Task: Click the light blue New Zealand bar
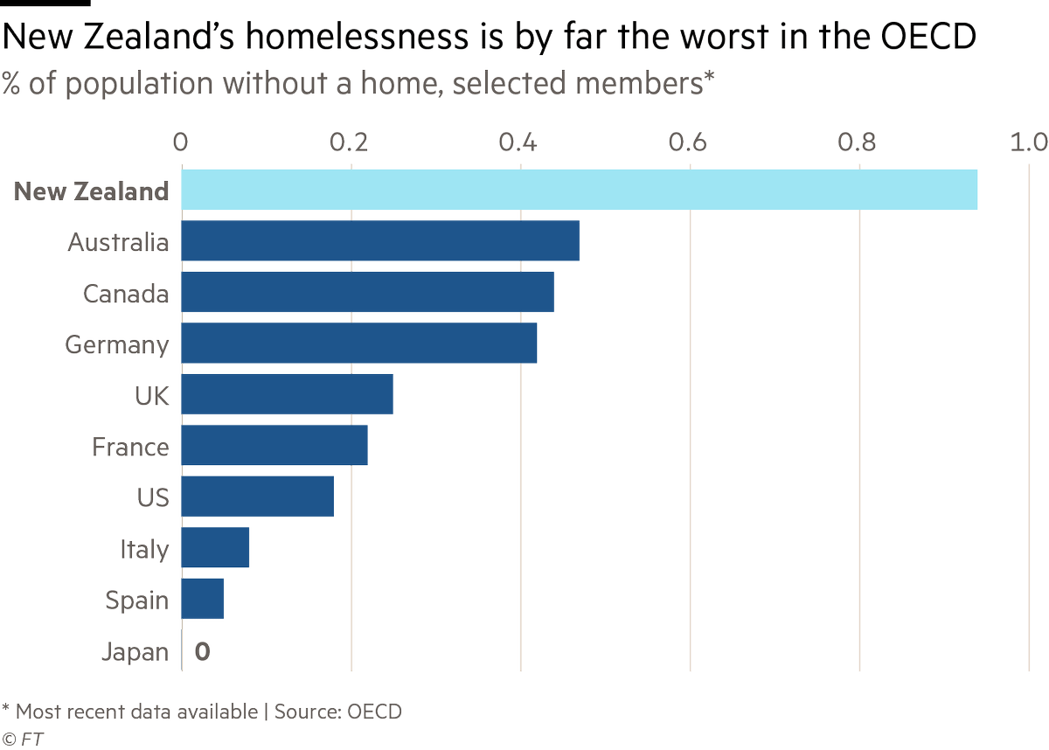coord(579,191)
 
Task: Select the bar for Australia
coord(380,241)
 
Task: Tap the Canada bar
coord(367,293)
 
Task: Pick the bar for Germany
coord(358,344)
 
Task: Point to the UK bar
coord(287,395)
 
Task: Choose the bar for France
coord(274,446)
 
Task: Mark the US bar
coord(257,497)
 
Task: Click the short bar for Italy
coord(215,548)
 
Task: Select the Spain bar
coord(203,599)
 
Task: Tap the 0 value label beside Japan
coord(202,651)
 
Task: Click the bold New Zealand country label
coord(91,191)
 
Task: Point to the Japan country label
coord(135,652)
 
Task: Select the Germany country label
coord(117,344)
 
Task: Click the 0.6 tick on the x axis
coord(691,142)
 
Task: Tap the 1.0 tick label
coord(1029,142)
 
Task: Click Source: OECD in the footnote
coord(338,712)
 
